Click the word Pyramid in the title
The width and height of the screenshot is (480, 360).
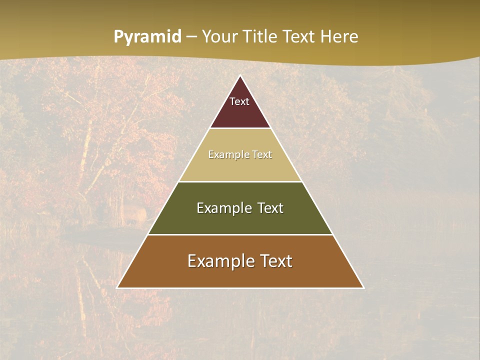pos(147,37)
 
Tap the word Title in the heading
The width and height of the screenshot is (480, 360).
pos(261,36)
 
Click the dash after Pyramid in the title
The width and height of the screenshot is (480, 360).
pos(191,37)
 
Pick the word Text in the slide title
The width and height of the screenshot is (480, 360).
pos(299,36)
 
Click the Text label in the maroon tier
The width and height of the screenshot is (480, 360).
pos(239,101)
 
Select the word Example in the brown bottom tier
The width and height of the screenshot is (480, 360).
pos(218,261)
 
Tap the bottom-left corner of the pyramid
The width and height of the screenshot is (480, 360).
pos(117,287)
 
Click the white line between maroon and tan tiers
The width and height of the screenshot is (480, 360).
pos(240,128)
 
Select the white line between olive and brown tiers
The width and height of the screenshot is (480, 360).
pos(240,234)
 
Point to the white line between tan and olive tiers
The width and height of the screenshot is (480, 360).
pos(240,181)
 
